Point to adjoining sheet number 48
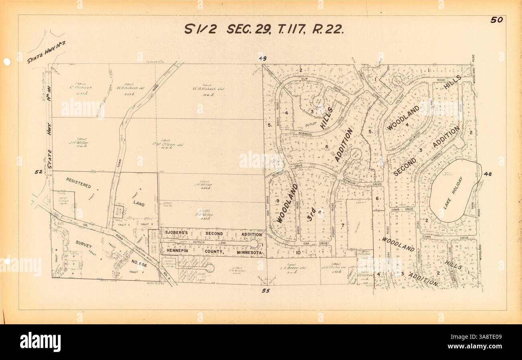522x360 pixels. coord(488,174)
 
